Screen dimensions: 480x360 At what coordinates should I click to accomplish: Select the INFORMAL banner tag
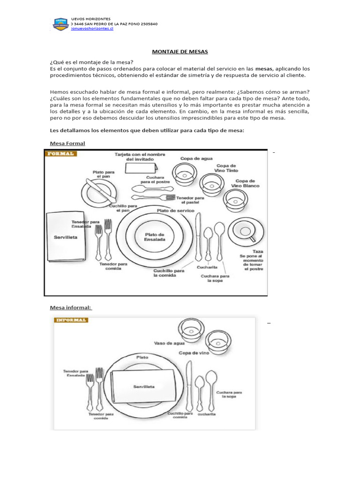click(x=71, y=320)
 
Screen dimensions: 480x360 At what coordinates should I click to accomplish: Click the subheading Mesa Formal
click(x=67, y=142)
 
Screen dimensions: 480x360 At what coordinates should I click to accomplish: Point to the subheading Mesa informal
click(x=71, y=307)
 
